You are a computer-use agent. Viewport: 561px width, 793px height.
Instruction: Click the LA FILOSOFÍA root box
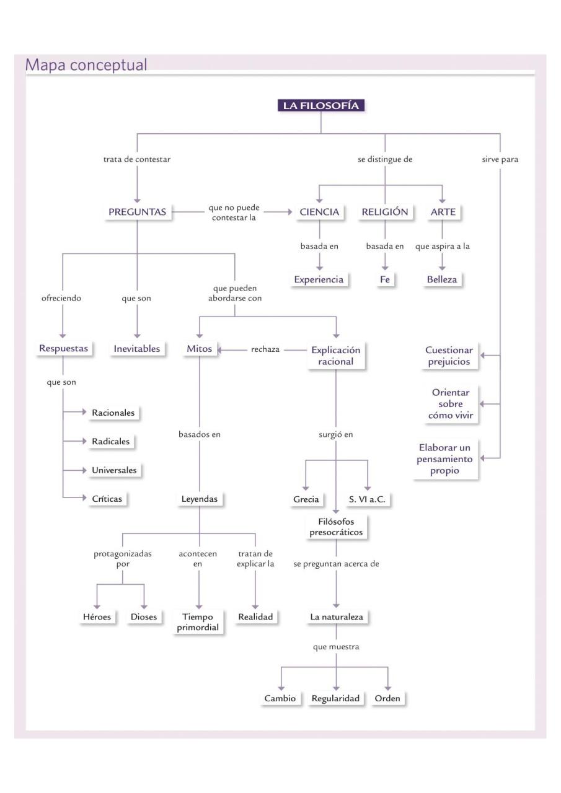(x=321, y=105)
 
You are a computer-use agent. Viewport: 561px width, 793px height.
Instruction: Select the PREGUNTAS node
(x=137, y=212)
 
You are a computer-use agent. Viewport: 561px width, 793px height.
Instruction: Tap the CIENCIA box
(x=319, y=212)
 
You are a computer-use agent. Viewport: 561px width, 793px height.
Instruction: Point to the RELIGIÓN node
(x=385, y=212)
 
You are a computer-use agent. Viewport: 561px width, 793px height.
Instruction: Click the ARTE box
(x=443, y=212)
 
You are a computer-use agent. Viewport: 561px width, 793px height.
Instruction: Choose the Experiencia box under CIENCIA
(x=319, y=279)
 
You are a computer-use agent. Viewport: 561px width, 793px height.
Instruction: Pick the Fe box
(x=385, y=279)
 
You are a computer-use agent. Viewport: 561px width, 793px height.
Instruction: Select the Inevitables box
(x=137, y=349)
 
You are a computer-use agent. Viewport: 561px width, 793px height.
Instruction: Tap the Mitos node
(x=199, y=349)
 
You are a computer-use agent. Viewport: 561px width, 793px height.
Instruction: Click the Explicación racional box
(x=335, y=355)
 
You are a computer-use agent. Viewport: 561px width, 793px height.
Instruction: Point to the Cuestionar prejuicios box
(x=448, y=356)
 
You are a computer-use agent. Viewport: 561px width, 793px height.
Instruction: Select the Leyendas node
(x=199, y=499)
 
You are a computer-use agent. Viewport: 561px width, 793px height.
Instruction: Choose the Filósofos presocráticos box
(x=335, y=527)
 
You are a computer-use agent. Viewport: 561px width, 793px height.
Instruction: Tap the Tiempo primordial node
(x=198, y=623)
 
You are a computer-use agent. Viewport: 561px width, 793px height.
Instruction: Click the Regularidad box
(x=335, y=698)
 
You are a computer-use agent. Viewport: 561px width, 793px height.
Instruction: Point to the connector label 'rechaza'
(x=265, y=349)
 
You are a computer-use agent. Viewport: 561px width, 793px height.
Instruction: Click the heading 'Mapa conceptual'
(x=86, y=64)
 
